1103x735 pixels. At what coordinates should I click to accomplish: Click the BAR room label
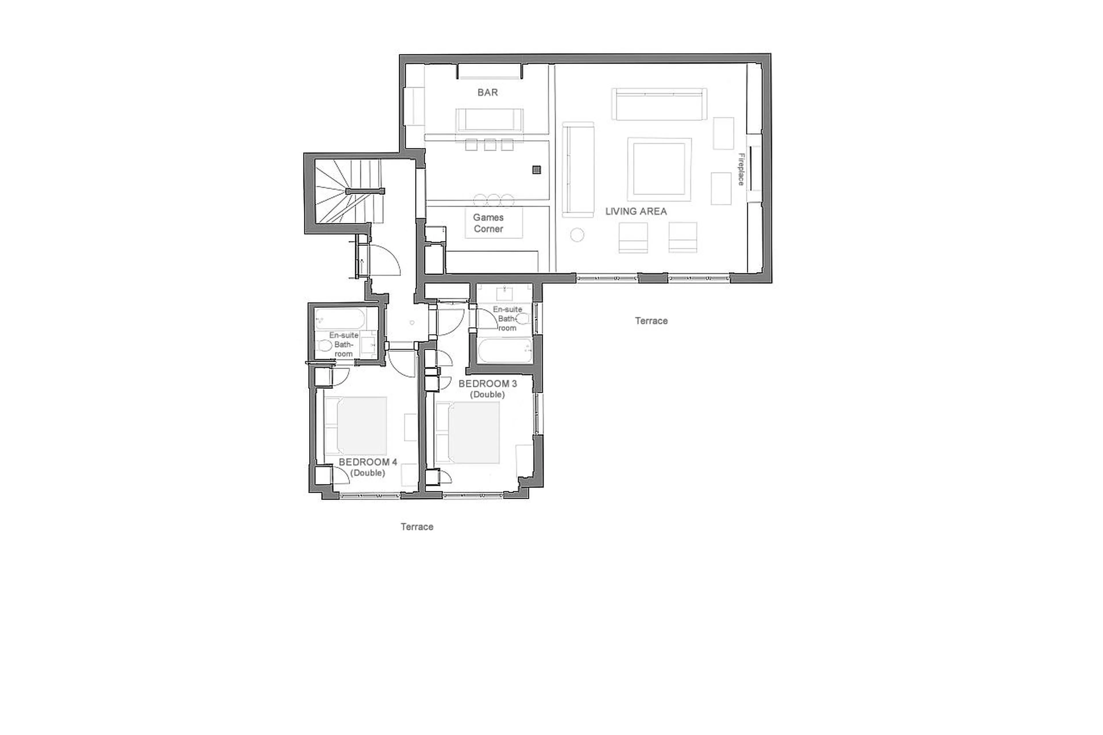(x=487, y=93)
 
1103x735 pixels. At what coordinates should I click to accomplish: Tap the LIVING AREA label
(x=636, y=211)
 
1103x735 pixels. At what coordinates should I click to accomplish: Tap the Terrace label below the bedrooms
(x=417, y=527)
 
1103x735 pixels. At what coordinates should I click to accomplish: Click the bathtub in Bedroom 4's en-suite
(x=340, y=319)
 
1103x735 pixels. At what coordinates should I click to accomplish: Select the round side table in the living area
(x=577, y=235)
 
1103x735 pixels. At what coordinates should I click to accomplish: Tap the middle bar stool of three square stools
(x=490, y=145)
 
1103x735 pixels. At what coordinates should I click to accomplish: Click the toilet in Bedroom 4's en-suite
(x=324, y=346)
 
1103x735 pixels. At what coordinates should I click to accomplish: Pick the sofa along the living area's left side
(x=578, y=170)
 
